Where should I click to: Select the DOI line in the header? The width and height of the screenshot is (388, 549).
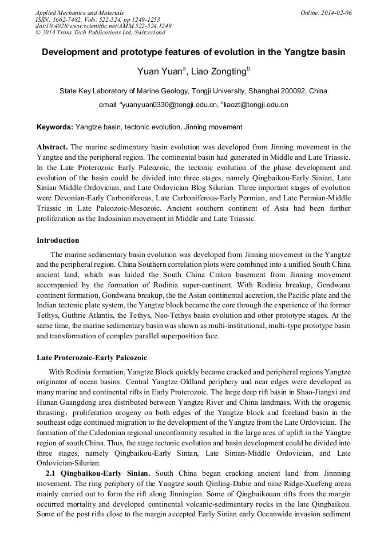[103, 26]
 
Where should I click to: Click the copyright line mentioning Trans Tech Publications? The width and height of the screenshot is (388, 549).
[100, 33]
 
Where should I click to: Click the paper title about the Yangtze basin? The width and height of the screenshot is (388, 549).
[193, 52]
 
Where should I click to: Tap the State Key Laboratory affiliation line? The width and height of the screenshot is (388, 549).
[193, 90]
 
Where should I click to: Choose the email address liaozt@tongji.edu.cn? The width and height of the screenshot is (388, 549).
[248, 105]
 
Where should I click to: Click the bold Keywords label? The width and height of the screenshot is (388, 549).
[55, 127]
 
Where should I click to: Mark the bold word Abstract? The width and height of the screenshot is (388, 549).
[53, 147]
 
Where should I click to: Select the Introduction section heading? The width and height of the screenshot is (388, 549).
[58, 240]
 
